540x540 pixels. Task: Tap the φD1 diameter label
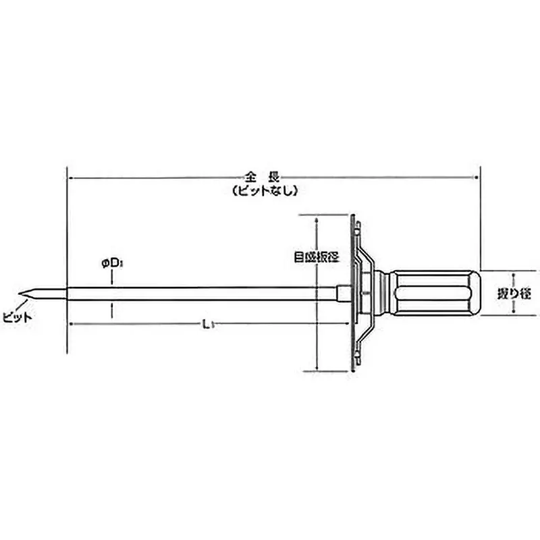pyautogui.click(x=111, y=265)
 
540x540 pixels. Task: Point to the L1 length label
pyautogui.click(x=209, y=326)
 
